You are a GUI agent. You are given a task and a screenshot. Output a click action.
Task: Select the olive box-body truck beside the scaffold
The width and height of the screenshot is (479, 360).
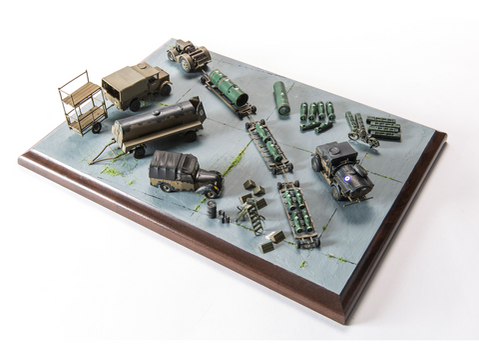coord(136,86)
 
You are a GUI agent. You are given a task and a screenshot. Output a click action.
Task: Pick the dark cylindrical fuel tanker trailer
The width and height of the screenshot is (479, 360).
coord(158,124)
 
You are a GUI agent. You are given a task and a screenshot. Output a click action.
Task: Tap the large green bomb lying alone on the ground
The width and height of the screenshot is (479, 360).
coord(281,97)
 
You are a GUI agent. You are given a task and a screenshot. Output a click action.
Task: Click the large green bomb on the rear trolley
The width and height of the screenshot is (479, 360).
coord(227,89)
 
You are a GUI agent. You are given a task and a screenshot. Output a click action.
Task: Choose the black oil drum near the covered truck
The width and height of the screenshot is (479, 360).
coord(212,208)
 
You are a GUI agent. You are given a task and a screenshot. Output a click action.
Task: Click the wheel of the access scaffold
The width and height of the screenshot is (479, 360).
coord(97,127)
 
